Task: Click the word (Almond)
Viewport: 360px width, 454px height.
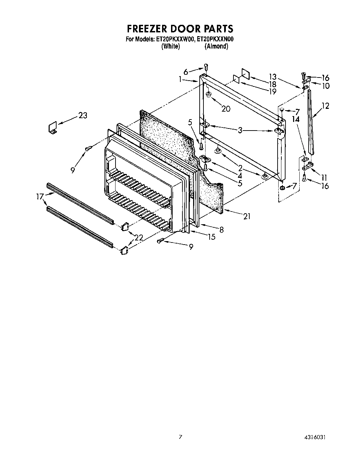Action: click(216, 46)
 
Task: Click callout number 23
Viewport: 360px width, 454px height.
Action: click(83, 115)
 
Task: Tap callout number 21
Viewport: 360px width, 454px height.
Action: click(247, 216)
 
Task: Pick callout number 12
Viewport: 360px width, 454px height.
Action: click(325, 106)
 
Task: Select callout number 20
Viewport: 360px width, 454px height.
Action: click(226, 109)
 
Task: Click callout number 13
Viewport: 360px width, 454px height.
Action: click(273, 77)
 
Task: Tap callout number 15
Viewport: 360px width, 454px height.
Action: click(211, 237)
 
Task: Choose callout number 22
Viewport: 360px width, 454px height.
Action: click(139, 237)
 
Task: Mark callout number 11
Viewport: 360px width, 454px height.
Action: click(324, 178)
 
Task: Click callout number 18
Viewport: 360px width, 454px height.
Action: click(272, 84)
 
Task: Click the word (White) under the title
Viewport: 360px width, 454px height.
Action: click(170, 46)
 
